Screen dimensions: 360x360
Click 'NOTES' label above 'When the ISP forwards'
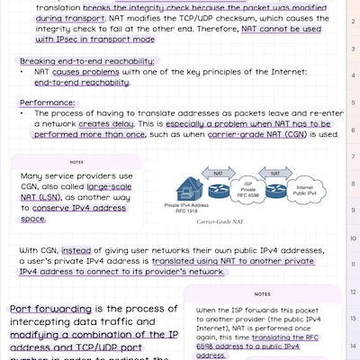(262, 293)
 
